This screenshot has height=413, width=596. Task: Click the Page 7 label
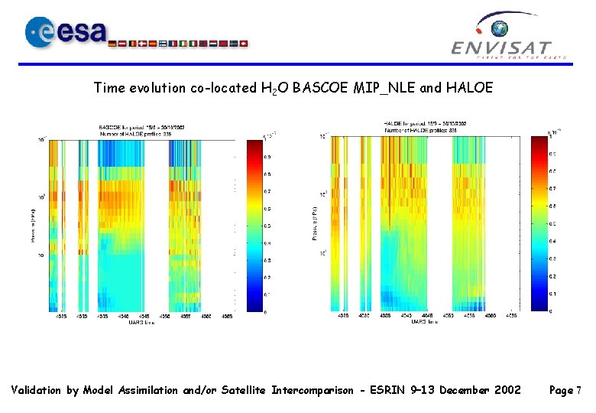pyautogui.click(x=565, y=390)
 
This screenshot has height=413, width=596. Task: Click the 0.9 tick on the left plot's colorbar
pyautogui.click(x=267, y=157)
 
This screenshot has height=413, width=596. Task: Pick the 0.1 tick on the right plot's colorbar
pyautogui.click(x=552, y=293)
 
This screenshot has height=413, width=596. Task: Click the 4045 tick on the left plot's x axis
pyautogui.click(x=144, y=315)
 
